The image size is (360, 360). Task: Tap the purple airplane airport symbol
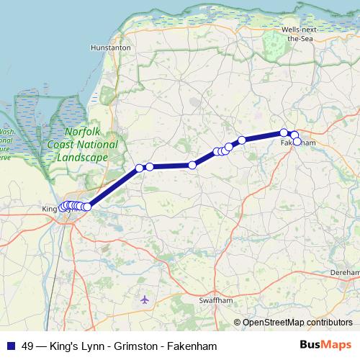click(x=147, y=298)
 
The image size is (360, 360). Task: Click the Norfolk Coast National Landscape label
click(x=86, y=145)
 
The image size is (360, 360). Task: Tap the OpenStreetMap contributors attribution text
click(x=297, y=323)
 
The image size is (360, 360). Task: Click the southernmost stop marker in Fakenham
click(x=297, y=142)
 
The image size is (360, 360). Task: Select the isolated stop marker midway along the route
click(x=192, y=166)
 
